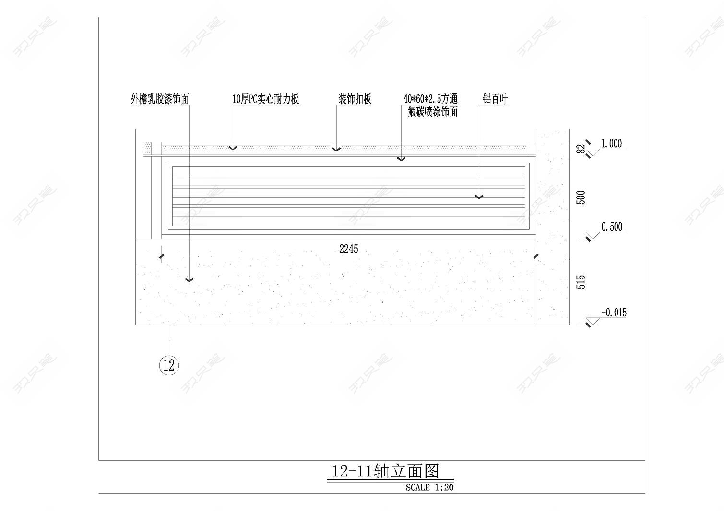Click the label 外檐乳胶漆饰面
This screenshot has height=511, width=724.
pos(160,99)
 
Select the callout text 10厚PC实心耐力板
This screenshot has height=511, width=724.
pos(266,99)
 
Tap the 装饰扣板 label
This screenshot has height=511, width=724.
pos(355,99)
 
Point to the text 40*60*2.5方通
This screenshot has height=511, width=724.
pos(430,99)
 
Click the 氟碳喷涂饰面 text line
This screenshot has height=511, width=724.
pos(432,112)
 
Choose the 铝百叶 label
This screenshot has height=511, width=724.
pos(495,99)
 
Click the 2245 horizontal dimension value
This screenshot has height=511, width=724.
pos(349,249)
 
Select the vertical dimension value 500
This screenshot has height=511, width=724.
pos(581,197)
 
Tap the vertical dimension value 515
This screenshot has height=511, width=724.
pos(581,282)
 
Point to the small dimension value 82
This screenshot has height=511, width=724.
pos(581,149)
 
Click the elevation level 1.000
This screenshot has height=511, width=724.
pos(611,143)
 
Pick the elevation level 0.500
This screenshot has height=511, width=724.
pos(612,227)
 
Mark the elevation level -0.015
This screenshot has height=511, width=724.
pos(614,313)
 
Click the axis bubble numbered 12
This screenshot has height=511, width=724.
pos(169,365)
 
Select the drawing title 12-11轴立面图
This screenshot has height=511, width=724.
pos(386,471)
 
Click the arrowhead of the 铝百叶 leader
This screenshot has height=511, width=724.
pos(479,197)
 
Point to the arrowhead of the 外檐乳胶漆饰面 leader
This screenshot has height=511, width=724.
pos(189,280)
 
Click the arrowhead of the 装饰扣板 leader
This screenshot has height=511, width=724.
pos(336,149)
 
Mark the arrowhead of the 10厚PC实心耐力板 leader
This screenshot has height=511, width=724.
pos(233,148)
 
